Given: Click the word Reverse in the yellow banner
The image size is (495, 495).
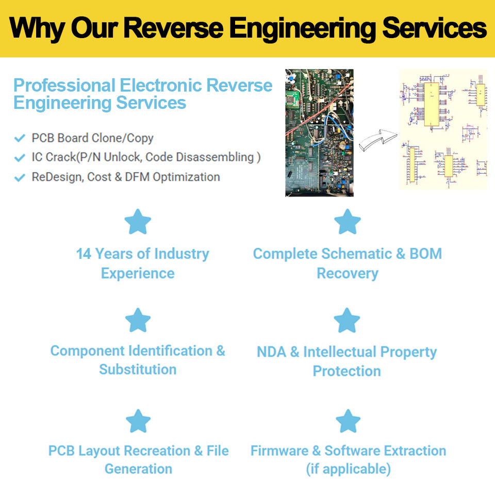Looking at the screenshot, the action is click(173, 28).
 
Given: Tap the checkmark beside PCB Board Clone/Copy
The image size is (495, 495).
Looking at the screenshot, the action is click(20, 138).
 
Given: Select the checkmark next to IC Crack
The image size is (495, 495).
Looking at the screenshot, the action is click(20, 158).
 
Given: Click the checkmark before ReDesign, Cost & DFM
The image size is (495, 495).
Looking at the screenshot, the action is click(20, 177).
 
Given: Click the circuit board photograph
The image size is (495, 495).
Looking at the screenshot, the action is click(319, 133).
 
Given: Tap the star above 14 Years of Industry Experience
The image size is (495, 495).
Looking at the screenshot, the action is click(138, 222).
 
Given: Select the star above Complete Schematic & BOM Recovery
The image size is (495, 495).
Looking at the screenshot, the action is click(347, 222).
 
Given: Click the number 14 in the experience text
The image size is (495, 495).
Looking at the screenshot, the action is click(84, 254).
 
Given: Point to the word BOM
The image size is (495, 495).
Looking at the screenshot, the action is click(425, 254).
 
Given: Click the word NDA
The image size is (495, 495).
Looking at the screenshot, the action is click(271, 352).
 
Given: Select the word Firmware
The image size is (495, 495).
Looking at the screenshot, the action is click(279, 451).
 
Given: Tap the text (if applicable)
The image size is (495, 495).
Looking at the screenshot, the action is click(348, 469).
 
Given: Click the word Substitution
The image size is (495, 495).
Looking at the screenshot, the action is click(138, 370).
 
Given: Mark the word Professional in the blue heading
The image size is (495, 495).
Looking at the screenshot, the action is click(64, 85).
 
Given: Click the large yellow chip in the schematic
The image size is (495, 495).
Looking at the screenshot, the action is click(432, 104).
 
